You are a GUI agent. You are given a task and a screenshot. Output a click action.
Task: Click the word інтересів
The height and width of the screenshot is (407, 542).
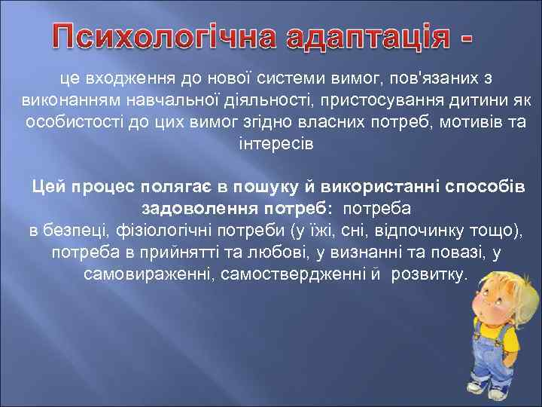point(270,144)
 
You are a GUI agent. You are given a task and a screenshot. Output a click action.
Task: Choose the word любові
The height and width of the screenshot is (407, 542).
point(277,251)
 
